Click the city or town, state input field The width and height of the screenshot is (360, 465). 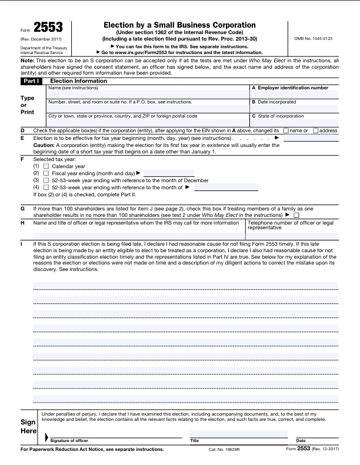click(148, 122)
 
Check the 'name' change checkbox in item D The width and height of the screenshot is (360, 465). click(286, 130)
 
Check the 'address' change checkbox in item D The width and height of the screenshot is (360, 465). click(315, 130)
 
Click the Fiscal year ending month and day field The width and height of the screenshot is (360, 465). click(168, 173)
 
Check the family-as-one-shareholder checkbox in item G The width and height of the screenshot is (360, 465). click(296, 216)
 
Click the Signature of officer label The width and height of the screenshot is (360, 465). click(69, 440)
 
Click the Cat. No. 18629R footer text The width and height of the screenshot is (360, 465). click(224, 450)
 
